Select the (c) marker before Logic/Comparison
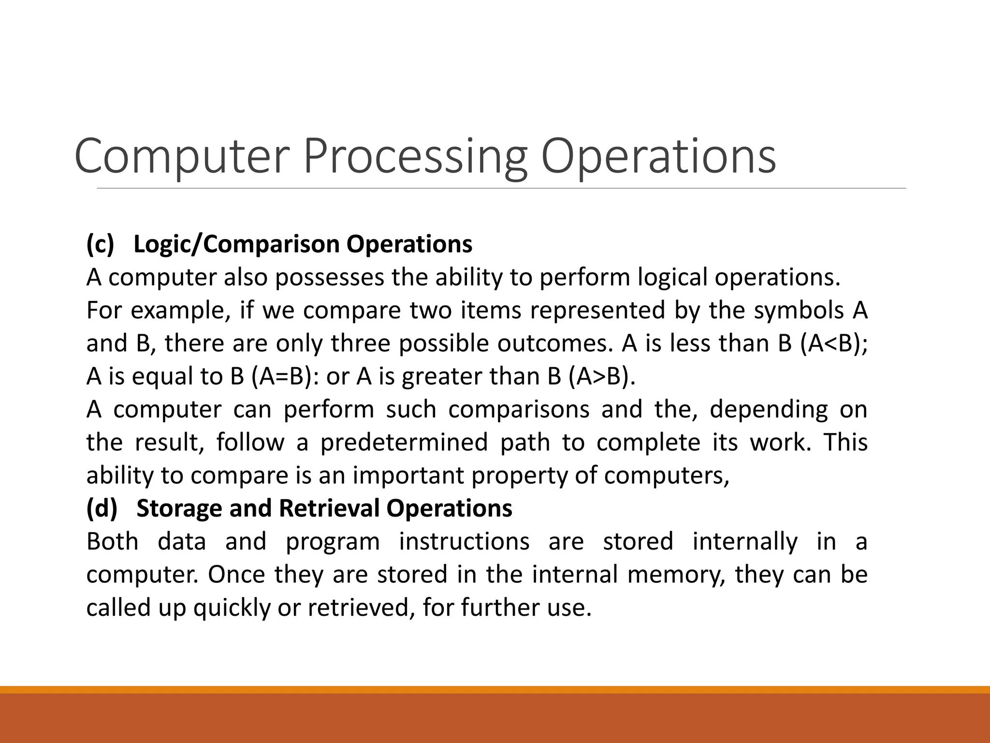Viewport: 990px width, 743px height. tap(100, 244)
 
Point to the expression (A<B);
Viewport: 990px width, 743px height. tap(833, 343)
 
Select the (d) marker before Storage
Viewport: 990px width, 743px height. tap(102, 508)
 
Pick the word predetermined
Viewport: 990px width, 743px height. tap(404, 443)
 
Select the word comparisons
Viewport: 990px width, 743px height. tap(519, 410)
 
